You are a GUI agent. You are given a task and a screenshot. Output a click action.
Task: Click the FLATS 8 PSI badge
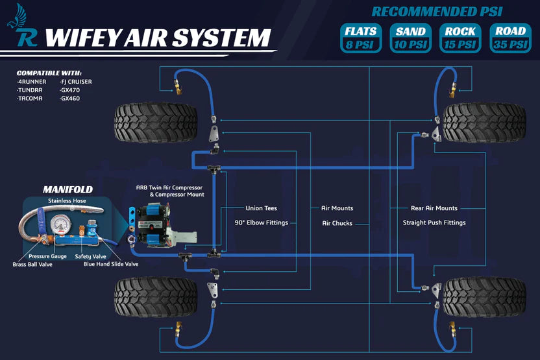(361, 38)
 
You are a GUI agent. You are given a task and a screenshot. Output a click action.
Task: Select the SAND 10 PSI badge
(411, 38)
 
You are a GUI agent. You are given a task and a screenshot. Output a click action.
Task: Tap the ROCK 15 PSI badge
(460, 38)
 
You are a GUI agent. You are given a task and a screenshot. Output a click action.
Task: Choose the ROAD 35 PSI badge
(510, 38)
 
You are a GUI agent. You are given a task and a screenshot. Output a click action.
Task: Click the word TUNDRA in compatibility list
(31, 91)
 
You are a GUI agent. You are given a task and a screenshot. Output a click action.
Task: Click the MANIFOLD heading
(67, 189)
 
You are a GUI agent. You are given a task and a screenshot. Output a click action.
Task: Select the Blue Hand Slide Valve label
(111, 265)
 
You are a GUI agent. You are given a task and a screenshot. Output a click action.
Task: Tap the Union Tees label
(261, 208)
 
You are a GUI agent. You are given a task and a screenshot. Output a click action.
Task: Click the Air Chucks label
(337, 223)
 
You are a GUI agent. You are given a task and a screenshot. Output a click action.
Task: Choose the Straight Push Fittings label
(434, 222)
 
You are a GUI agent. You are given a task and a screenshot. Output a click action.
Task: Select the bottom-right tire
(484, 296)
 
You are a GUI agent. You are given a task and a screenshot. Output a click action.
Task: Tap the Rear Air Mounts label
(434, 208)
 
